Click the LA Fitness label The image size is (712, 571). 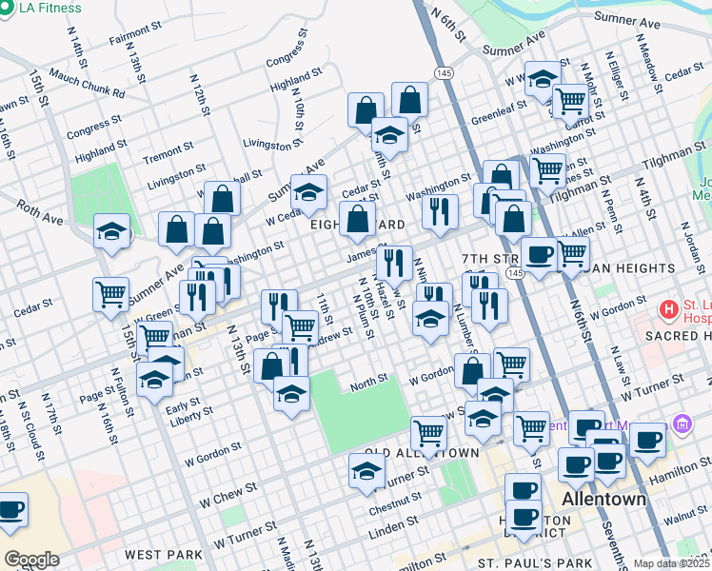(48, 7)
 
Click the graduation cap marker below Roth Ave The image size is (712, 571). (111, 232)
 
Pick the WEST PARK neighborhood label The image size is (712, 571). (163, 554)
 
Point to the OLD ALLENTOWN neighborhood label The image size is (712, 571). (422, 452)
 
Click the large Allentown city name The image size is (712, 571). (603, 499)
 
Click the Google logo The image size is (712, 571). (31, 560)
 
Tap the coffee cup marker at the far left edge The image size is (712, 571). (10, 509)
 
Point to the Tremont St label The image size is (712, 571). (168, 153)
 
